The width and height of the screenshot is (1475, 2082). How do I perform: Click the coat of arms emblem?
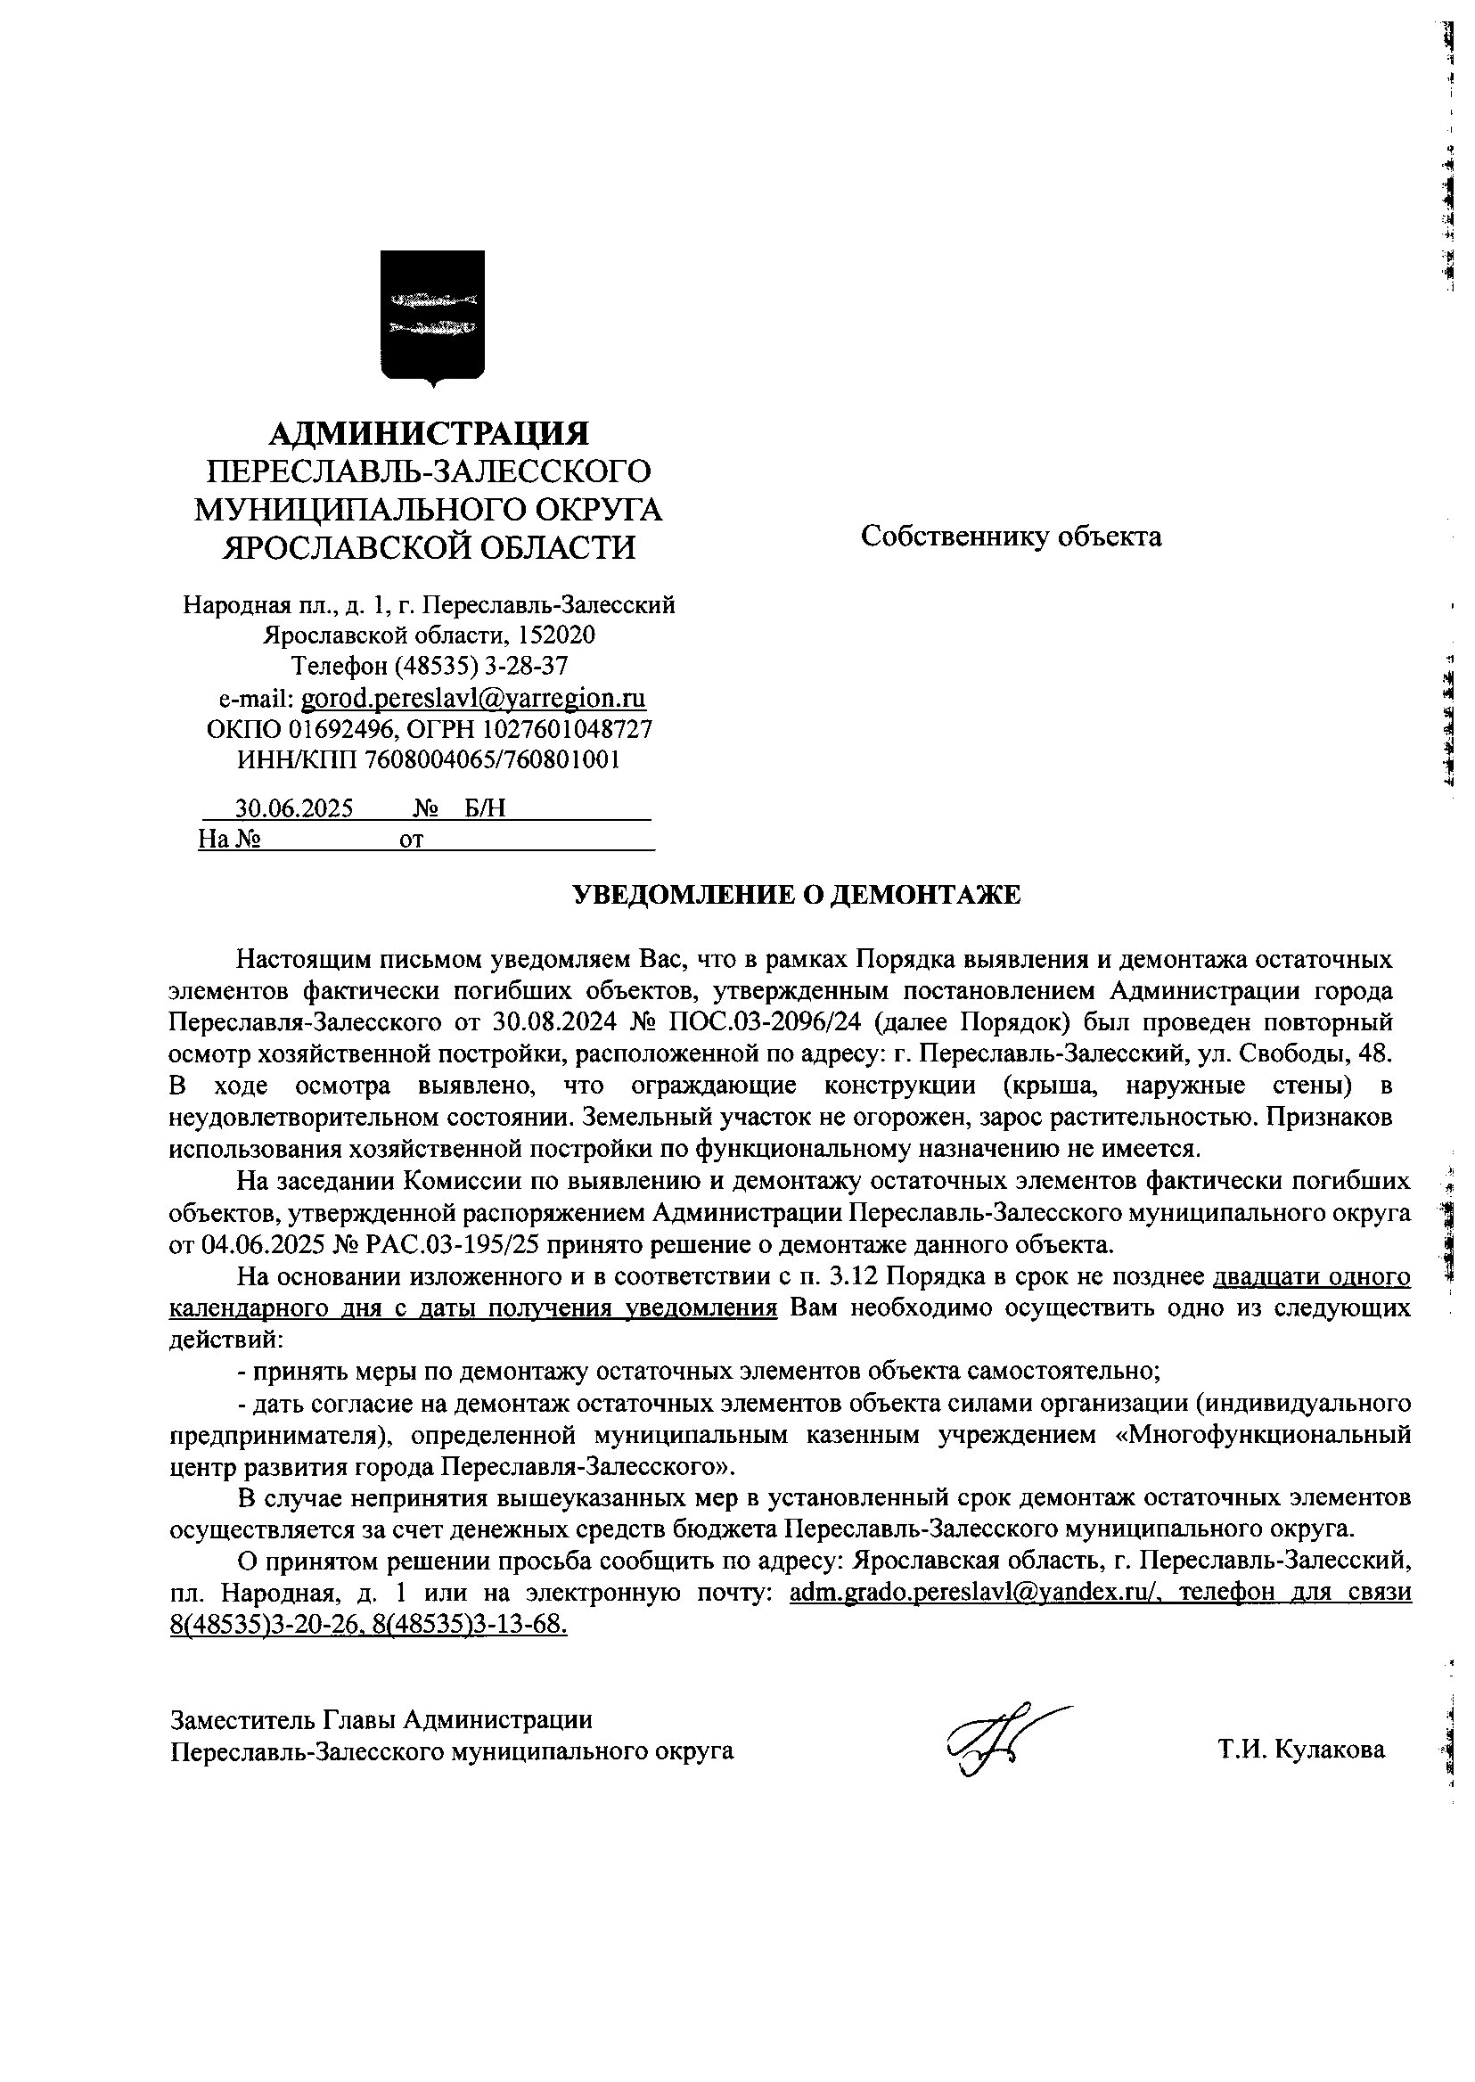pos(431,317)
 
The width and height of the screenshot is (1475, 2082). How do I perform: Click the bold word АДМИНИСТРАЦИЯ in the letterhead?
pos(430,433)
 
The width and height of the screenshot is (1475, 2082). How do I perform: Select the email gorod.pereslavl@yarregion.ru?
pos(473,698)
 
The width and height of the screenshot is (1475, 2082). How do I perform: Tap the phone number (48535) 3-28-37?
pos(480,666)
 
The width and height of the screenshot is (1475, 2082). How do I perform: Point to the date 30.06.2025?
pos(293,808)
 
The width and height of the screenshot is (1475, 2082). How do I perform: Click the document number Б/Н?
pos(484,808)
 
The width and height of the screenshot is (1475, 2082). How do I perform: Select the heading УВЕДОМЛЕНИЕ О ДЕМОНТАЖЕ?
pos(797,896)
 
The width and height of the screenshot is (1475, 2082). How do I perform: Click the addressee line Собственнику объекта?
pos(1011,537)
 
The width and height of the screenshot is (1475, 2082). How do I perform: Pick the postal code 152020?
pos(557,635)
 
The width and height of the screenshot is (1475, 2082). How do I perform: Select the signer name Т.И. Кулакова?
pos(1301,1750)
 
